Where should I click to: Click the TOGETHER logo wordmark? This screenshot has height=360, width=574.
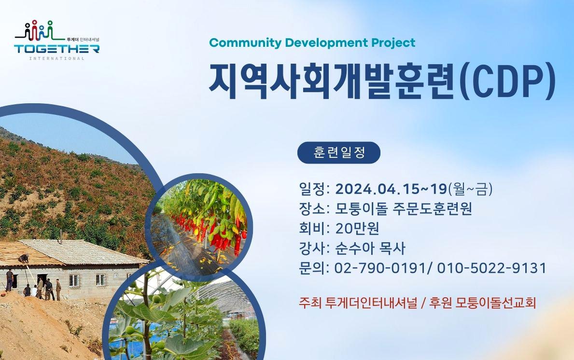[x=57, y=49]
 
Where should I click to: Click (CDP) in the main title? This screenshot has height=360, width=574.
[x=508, y=81]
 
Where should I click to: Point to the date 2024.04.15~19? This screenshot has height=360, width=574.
[x=392, y=189]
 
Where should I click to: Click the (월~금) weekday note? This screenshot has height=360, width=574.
[x=470, y=189]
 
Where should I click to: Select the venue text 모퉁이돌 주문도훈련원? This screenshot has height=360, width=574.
[x=404, y=209]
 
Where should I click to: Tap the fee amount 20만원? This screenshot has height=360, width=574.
[x=357, y=228]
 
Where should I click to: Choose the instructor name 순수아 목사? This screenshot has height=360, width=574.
[x=370, y=249]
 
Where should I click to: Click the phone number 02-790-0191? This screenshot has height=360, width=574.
[x=380, y=268]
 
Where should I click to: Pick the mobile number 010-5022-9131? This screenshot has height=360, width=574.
[x=491, y=268]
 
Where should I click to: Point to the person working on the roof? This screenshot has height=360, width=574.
[x=24, y=259]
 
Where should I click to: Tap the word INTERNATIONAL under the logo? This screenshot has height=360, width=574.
[x=57, y=58]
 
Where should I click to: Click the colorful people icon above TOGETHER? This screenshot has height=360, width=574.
[x=40, y=30]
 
